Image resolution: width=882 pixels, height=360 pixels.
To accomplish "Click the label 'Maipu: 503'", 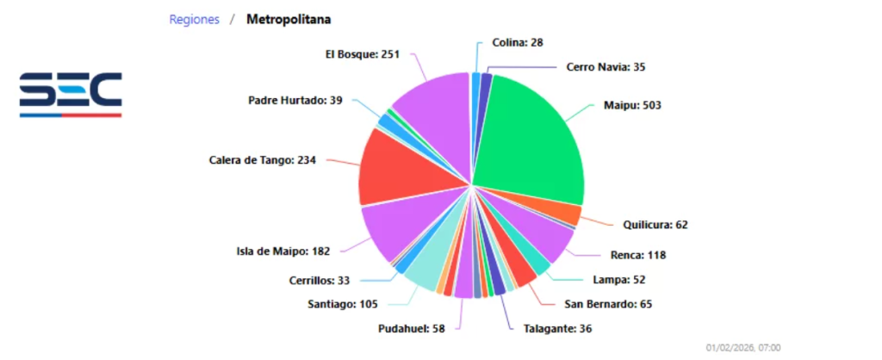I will [631, 105].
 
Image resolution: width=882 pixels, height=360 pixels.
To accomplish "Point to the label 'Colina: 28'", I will [518, 42].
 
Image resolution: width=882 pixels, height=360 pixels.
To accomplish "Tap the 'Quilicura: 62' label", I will [655, 225].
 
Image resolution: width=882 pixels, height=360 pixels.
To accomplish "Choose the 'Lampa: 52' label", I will [619, 279].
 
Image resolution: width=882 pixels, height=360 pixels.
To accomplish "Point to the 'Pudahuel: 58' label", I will [411, 328].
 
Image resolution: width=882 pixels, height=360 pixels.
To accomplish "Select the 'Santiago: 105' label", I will [344, 304].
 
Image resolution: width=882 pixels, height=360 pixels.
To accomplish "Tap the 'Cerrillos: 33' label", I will [320, 280].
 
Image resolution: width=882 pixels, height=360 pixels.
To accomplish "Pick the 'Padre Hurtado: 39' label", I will [295, 100].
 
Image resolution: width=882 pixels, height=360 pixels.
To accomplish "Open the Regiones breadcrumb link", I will [194, 18].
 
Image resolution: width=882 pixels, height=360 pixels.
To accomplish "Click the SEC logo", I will [71, 94].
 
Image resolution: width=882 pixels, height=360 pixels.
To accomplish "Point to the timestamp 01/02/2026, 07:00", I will [743, 347].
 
